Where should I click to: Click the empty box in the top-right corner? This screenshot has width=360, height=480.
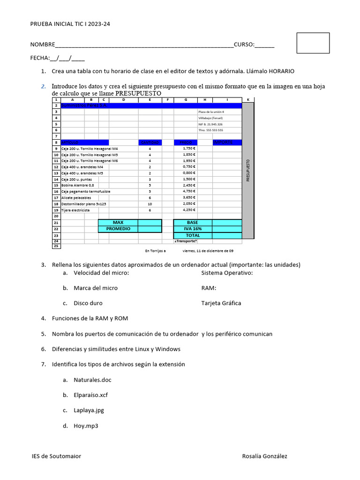[x=313, y=43]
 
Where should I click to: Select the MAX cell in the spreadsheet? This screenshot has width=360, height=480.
[x=118, y=222]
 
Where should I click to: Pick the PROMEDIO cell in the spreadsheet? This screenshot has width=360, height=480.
[x=118, y=229]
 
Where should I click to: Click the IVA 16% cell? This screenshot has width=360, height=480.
[x=193, y=229]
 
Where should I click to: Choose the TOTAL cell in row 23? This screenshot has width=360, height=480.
[x=193, y=235]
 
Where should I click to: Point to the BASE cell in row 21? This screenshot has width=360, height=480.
[x=193, y=222]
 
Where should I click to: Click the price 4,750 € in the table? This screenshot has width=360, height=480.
[x=189, y=191]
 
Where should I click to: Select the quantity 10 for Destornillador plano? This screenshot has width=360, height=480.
[x=150, y=204]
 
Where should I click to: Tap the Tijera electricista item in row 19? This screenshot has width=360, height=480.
[x=75, y=210]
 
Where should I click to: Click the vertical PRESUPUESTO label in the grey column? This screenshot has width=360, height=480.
[x=248, y=170]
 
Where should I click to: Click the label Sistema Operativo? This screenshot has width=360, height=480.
[x=227, y=273]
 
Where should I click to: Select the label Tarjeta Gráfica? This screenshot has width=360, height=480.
[x=221, y=303]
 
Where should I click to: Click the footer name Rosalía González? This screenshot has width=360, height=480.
[x=265, y=456]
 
